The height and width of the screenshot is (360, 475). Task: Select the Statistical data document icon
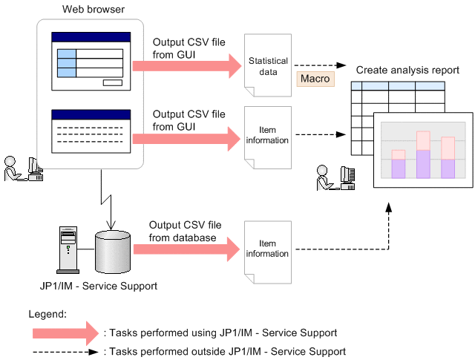click(x=268, y=68)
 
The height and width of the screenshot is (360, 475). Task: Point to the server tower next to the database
click(x=68, y=249)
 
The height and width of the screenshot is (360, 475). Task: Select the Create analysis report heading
click(x=407, y=70)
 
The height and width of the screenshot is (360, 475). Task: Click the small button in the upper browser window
click(x=113, y=82)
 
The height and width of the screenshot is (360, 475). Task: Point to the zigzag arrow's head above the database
click(x=111, y=226)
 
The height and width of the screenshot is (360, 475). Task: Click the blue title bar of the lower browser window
click(x=91, y=114)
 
